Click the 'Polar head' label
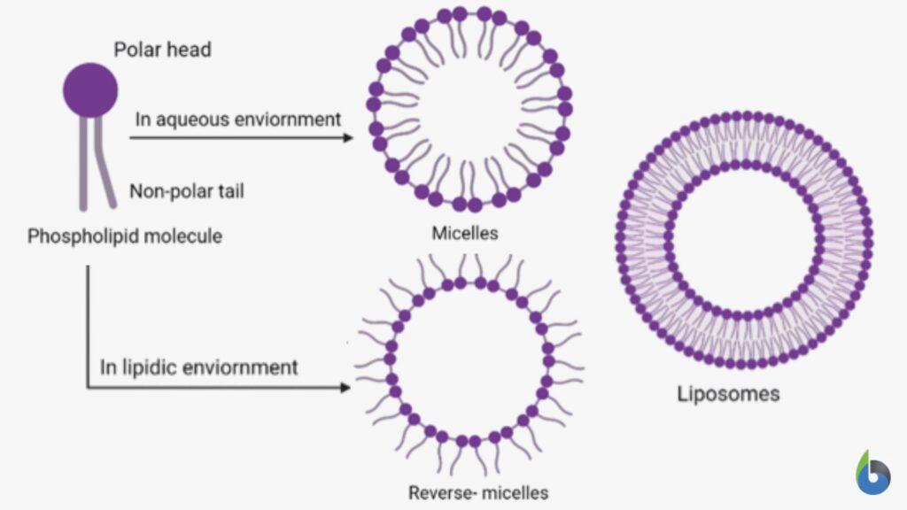pyautogui.click(x=162, y=49)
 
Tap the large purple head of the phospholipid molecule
pyautogui.click(x=90, y=89)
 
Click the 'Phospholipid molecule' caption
pyautogui.click(x=125, y=236)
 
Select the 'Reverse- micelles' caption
pyautogui.click(x=478, y=492)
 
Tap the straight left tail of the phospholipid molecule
pyautogui.click(x=83, y=164)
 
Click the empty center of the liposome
pyautogui.click(x=744, y=239)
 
